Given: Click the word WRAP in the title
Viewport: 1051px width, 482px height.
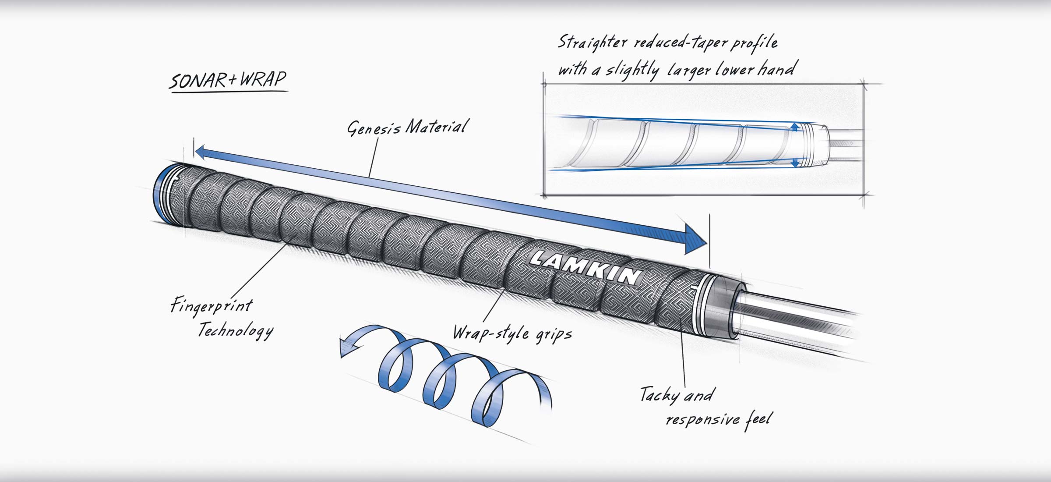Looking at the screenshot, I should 263,79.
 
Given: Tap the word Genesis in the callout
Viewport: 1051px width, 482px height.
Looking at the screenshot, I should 374,128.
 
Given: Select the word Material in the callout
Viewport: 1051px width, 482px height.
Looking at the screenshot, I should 437,127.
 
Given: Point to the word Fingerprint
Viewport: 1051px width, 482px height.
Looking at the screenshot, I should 212,305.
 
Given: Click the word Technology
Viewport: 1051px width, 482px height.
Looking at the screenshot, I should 236,330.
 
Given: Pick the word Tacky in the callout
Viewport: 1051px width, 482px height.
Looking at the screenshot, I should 660,395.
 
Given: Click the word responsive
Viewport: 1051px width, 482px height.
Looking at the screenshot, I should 702,419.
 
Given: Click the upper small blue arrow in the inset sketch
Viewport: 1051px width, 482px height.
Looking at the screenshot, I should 795,128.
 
